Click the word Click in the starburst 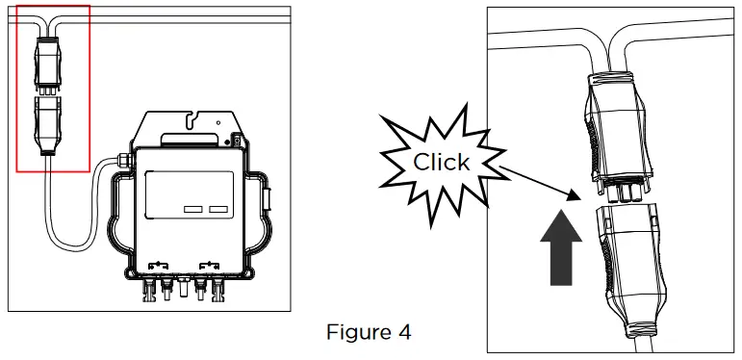click(442, 161)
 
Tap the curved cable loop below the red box click(58, 221)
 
